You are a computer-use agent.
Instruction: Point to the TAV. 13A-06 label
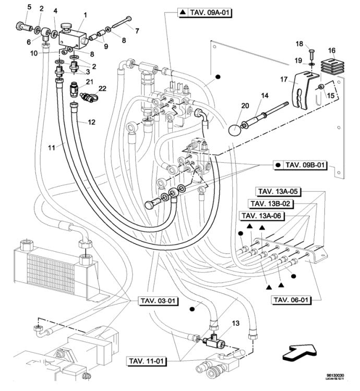[264, 215]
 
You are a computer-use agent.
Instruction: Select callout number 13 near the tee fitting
[236, 324]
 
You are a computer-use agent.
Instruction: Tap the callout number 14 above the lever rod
[265, 96]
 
